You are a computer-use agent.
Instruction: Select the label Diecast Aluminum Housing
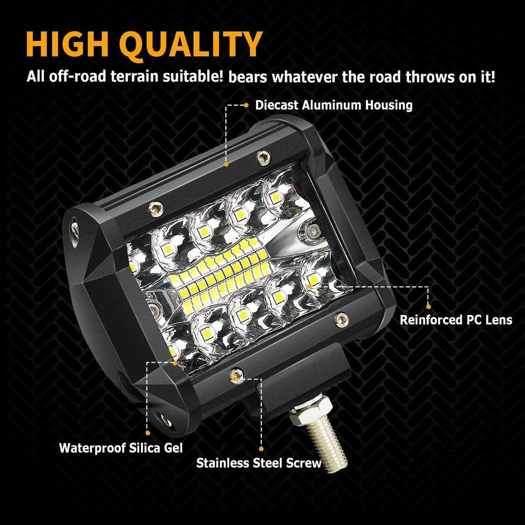point(334,104)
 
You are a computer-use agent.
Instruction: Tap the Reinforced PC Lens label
point(456,319)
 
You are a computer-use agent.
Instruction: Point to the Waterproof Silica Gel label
point(121,448)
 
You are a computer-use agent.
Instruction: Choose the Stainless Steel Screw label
point(259,463)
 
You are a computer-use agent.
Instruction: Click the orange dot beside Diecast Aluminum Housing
point(247,104)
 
